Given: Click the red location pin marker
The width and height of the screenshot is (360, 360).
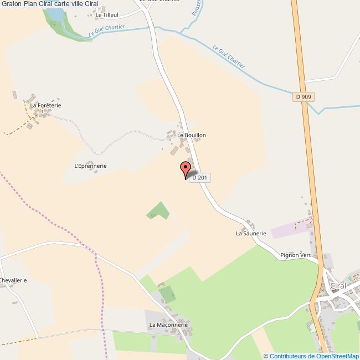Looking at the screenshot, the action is [185, 169].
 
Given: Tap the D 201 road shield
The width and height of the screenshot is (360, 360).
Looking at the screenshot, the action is [200, 177].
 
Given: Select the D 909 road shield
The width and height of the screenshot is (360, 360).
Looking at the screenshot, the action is [304, 97].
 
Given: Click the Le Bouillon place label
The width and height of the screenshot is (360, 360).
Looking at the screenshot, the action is [192, 135].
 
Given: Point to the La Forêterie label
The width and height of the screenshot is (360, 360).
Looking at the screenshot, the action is [45, 105].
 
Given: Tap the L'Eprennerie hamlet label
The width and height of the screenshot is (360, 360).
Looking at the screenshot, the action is [90, 166].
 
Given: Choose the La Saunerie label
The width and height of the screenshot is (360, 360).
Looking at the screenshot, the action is [251, 234].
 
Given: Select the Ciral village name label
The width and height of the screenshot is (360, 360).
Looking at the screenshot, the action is [337, 285].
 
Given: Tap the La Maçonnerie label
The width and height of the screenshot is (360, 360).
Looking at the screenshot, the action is [169, 325].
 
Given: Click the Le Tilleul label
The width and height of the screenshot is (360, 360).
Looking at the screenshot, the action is [107, 15].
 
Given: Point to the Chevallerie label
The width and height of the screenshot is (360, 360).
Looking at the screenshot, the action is [13, 281].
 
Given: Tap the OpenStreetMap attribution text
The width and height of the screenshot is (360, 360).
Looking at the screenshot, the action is [311, 356].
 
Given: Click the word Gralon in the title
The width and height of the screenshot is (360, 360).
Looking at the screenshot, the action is [12, 4].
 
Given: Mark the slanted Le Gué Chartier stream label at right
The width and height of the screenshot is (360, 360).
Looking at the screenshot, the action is [229, 56].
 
